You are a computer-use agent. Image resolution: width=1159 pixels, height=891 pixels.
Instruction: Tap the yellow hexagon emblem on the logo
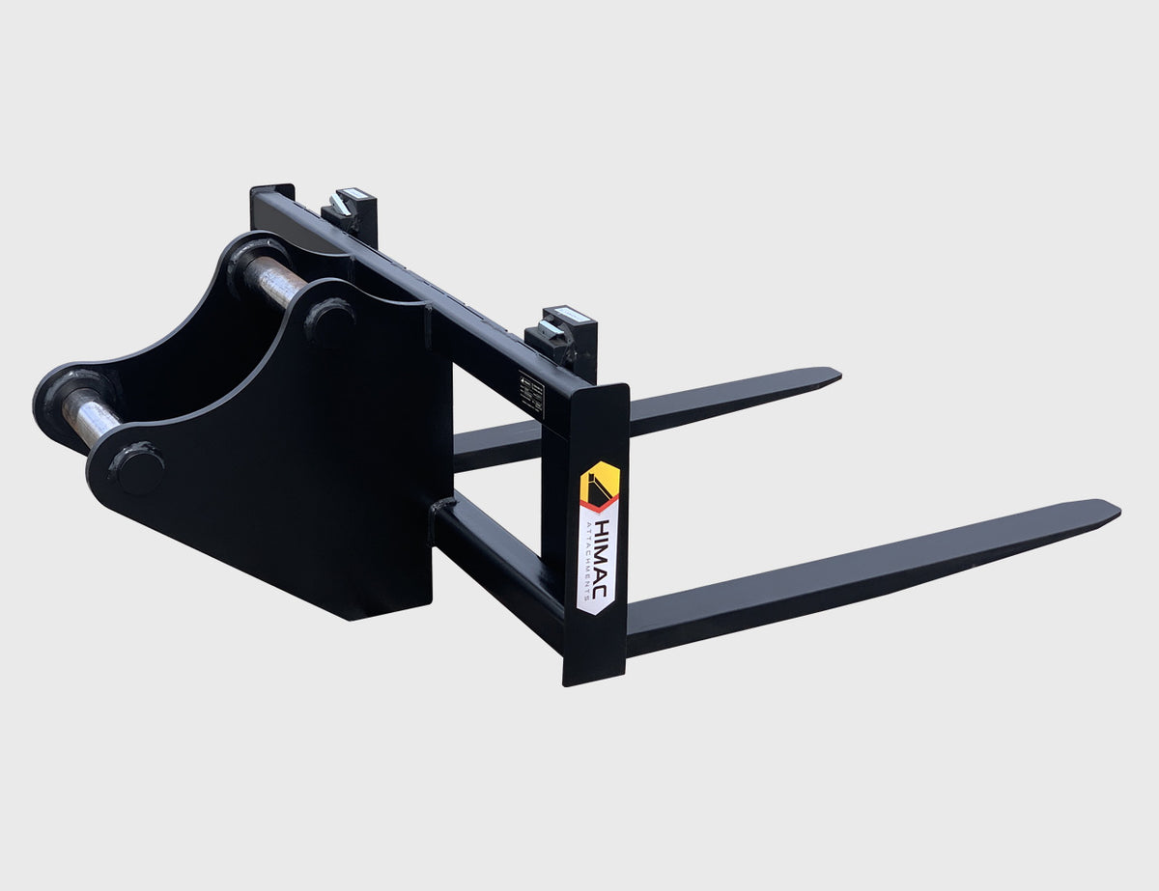[599, 484]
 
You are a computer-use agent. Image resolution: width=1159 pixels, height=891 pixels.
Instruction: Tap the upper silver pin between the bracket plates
[274, 281]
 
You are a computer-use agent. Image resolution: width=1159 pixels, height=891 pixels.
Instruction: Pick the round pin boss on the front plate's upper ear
[329, 321]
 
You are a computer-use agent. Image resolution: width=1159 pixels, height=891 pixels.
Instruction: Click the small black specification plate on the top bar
[531, 387]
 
